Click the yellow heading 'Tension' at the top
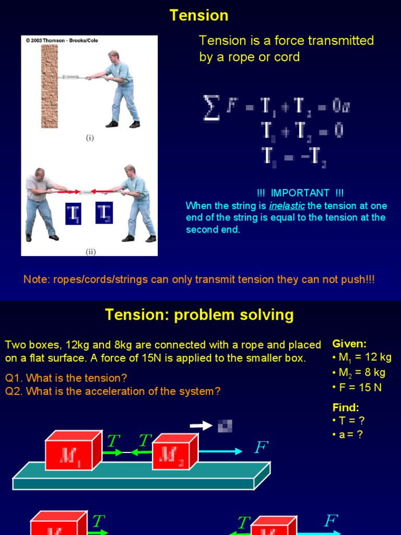click(199, 15)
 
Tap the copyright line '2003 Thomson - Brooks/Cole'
click(62, 40)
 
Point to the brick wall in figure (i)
click(50, 86)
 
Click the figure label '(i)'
click(90, 138)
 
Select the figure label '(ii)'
click(91, 251)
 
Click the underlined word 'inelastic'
click(287, 206)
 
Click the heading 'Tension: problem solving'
click(199, 315)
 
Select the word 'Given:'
click(349, 344)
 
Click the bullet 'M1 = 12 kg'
click(362, 358)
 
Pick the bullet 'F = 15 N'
click(358, 388)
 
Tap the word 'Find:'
click(346, 408)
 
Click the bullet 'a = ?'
click(348, 434)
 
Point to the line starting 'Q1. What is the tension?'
click(66, 378)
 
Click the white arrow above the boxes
click(200, 425)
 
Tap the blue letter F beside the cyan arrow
click(261, 448)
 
